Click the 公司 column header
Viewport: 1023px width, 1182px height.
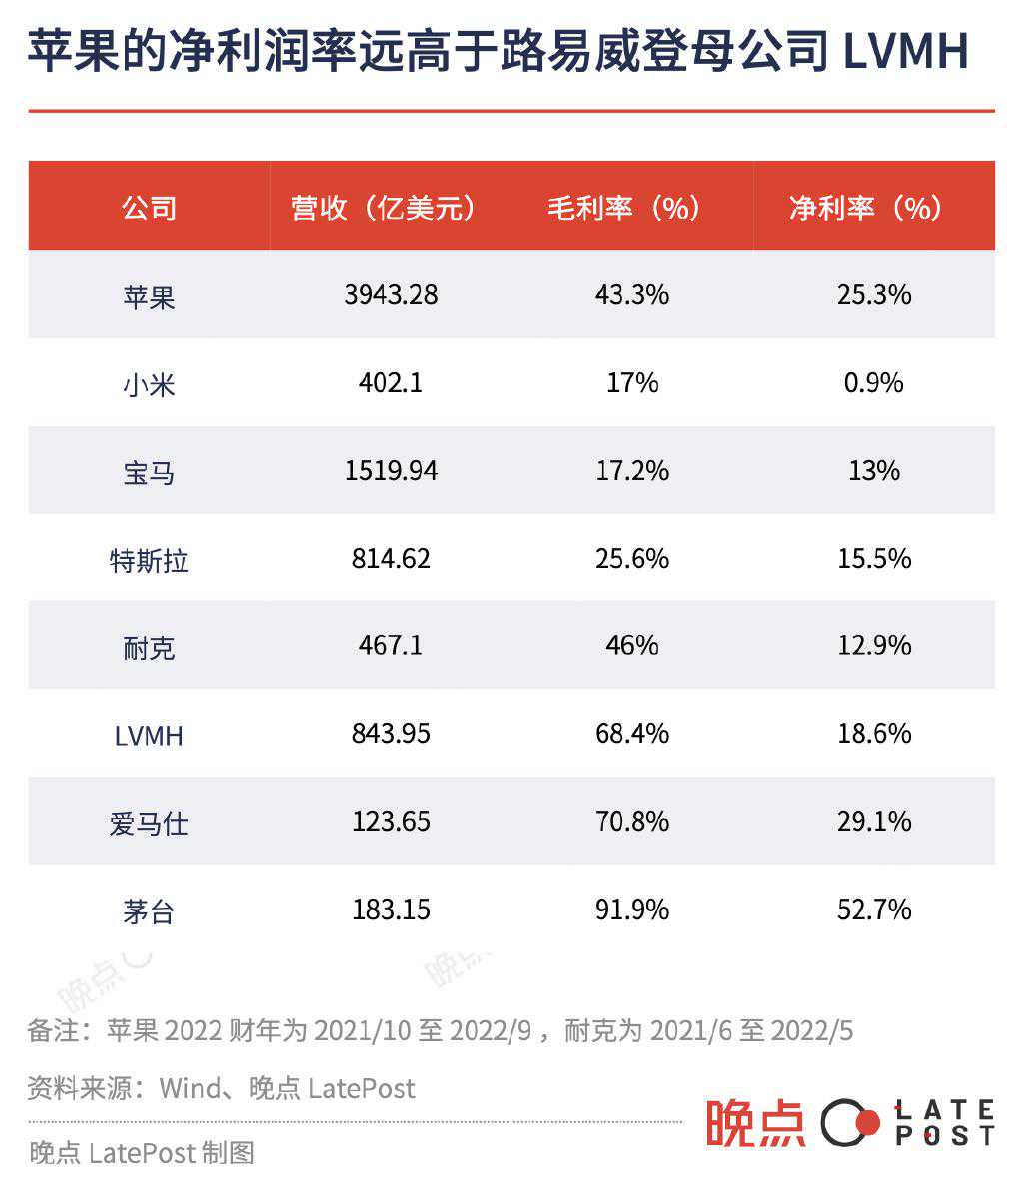point(150,208)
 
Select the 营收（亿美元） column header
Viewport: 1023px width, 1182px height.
point(390,208)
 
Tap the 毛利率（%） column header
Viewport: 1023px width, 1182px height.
point(631,208)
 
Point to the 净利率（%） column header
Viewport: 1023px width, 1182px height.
point(873,208)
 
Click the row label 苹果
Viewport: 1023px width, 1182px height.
point(150,296)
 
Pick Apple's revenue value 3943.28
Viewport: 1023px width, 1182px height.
point(391,295)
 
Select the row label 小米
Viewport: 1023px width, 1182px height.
point(150,384)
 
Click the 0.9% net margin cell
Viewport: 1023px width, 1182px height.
point(873,383)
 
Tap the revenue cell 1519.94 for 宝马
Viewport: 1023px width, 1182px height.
point(391,471)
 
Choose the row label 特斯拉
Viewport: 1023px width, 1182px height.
point(150,560)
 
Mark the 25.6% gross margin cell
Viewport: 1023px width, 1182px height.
point(631,559)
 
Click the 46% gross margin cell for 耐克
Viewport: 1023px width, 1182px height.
point(631,646)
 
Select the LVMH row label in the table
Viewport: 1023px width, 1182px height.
point(150,736)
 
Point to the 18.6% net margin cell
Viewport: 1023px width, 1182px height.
point(873,734)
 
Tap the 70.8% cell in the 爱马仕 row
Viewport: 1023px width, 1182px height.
point(631,822)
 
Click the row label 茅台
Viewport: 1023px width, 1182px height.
point(150,911)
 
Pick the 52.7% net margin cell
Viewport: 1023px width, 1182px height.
point(873,910)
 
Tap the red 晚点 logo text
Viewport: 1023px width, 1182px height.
point(755,1123)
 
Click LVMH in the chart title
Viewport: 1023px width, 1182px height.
point(905,52)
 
